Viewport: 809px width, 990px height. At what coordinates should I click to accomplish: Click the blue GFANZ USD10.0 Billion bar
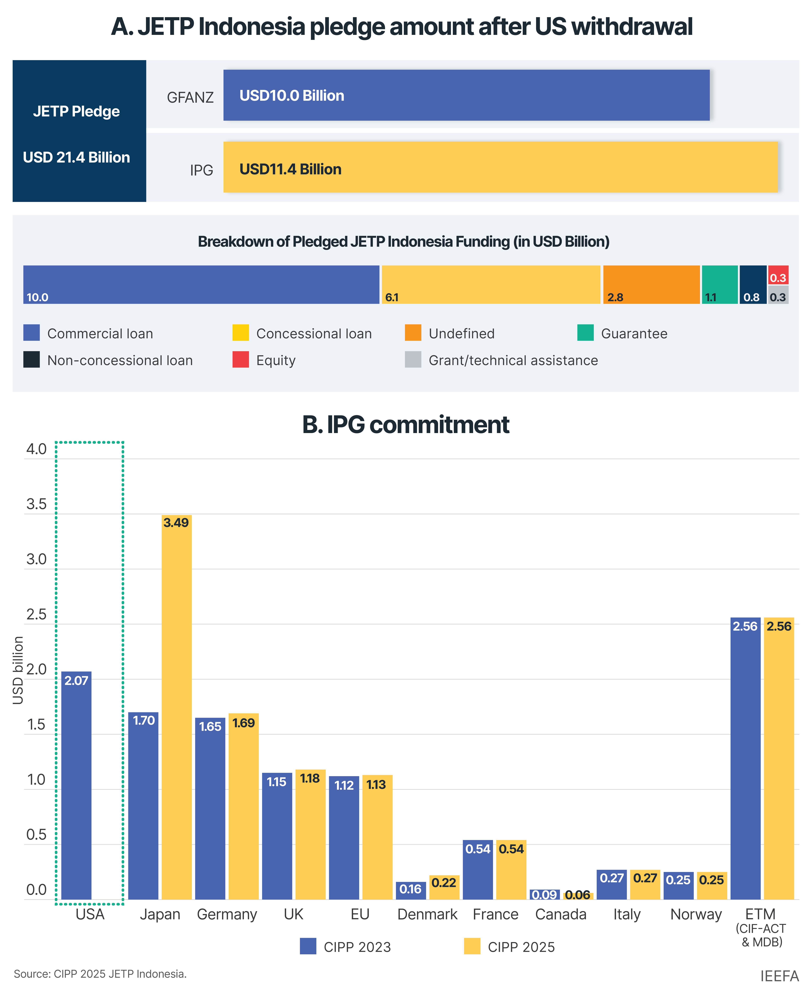click(466, 95)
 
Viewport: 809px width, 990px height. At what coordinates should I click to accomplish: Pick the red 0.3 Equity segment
click(778, 275)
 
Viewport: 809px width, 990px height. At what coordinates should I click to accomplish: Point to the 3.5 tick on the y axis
click(36, 504)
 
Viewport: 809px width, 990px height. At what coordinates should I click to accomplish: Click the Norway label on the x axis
click(696, 915)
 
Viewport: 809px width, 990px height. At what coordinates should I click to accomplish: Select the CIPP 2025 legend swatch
click(472, 946)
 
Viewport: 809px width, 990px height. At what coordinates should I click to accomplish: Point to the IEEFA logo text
click(779, 976)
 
